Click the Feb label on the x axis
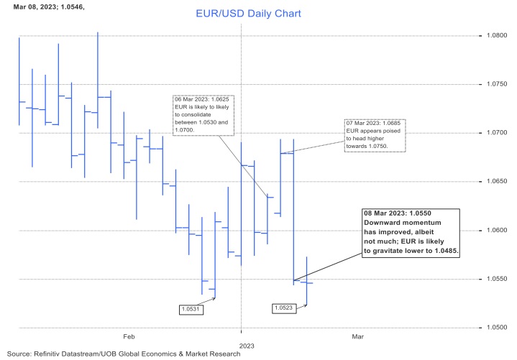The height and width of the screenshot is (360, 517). point(129,336)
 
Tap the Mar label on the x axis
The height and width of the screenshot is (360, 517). point(357,336)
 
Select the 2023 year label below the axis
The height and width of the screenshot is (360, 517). point(247,346)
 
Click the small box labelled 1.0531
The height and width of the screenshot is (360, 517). point(191,309)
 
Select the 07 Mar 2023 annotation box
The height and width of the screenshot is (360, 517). point(375,135)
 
